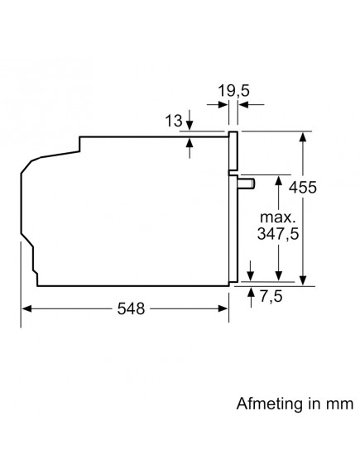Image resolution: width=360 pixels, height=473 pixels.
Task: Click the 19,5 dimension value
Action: [x=233, y=88]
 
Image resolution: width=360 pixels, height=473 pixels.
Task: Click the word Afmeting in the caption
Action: [x=263, y=404]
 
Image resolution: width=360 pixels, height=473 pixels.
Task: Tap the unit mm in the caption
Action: [x=339, y=404]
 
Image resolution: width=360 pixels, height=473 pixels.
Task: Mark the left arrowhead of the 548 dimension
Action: [x=25, y=309]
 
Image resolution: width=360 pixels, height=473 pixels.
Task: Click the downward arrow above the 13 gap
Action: [x=190, y=126]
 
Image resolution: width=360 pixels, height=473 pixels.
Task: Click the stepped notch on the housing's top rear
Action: [x=79, y=145]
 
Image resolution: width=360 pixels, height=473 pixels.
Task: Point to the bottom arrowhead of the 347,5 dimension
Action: [x=280, y=281]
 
